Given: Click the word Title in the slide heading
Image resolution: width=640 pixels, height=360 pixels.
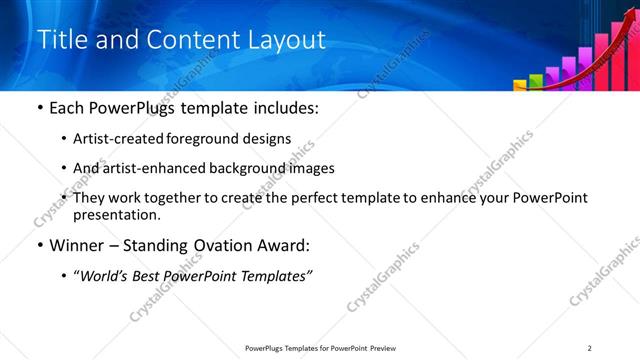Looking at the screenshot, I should [59, 39].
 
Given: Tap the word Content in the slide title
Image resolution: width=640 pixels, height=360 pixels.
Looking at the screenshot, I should [190, 39].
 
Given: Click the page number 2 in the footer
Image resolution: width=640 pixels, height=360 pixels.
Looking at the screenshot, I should [590, 348].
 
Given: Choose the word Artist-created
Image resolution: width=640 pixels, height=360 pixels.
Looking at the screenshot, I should [115, 139].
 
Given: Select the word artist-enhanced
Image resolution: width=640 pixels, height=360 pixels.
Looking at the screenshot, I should [146, 168].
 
